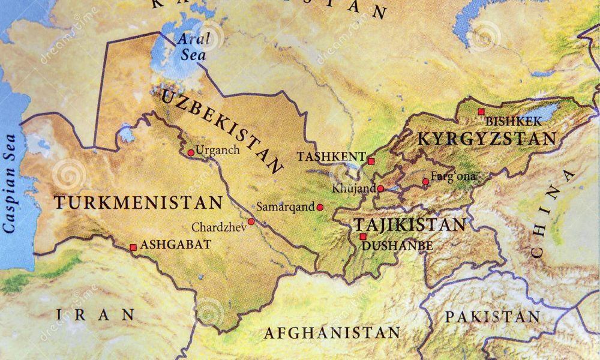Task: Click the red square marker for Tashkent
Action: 371,161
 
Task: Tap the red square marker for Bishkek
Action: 481,112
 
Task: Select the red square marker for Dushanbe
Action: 362,236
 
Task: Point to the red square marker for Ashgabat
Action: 133,247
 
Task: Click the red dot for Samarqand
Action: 320,207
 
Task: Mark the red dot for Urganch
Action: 191,152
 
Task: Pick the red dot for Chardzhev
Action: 251,221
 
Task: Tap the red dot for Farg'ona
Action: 425,181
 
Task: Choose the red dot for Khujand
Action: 380,188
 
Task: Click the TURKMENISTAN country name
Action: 138,203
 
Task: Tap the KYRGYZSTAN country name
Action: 487,139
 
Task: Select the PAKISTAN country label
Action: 492,317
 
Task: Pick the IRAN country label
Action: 95,314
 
